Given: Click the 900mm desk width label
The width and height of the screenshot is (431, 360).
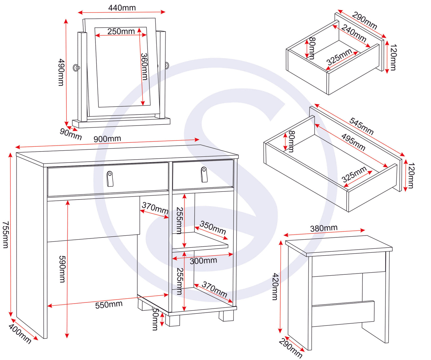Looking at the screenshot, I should coord(107,139).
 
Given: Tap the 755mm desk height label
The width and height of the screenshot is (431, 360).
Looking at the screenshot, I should coord(5,234).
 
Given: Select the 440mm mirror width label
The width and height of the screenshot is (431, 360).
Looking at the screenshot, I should coord(122,8).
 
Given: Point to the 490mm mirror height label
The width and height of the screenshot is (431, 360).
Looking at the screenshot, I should coord(61,72).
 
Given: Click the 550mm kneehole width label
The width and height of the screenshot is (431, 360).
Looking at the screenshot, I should coord(109,305).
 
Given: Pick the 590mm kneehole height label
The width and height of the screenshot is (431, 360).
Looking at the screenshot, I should coord(62,269).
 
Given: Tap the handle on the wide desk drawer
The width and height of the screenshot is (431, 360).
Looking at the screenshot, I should coord(110,179).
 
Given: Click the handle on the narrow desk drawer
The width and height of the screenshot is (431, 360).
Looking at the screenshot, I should coord(204,174).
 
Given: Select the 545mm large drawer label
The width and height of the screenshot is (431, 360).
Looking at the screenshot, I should coord(361,126).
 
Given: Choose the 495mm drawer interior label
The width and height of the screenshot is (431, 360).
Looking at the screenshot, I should coord(353,142).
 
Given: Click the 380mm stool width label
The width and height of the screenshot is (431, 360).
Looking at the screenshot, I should coord(324,228).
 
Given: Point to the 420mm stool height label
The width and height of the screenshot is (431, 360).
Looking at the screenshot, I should coord(275,286).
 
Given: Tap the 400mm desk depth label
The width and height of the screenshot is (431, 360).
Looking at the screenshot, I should coord(20,333).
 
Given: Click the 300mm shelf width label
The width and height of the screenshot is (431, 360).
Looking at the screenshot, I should coord(203,261).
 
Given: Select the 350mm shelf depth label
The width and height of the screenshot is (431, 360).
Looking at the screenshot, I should coord(213,227).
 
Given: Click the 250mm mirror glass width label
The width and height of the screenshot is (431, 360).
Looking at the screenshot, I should coord(121,31).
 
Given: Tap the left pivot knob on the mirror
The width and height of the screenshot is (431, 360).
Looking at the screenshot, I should coord(76,68).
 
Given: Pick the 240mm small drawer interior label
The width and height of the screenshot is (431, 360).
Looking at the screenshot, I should coord(354,33).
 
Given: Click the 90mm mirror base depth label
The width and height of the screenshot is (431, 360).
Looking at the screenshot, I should coord(71,134).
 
